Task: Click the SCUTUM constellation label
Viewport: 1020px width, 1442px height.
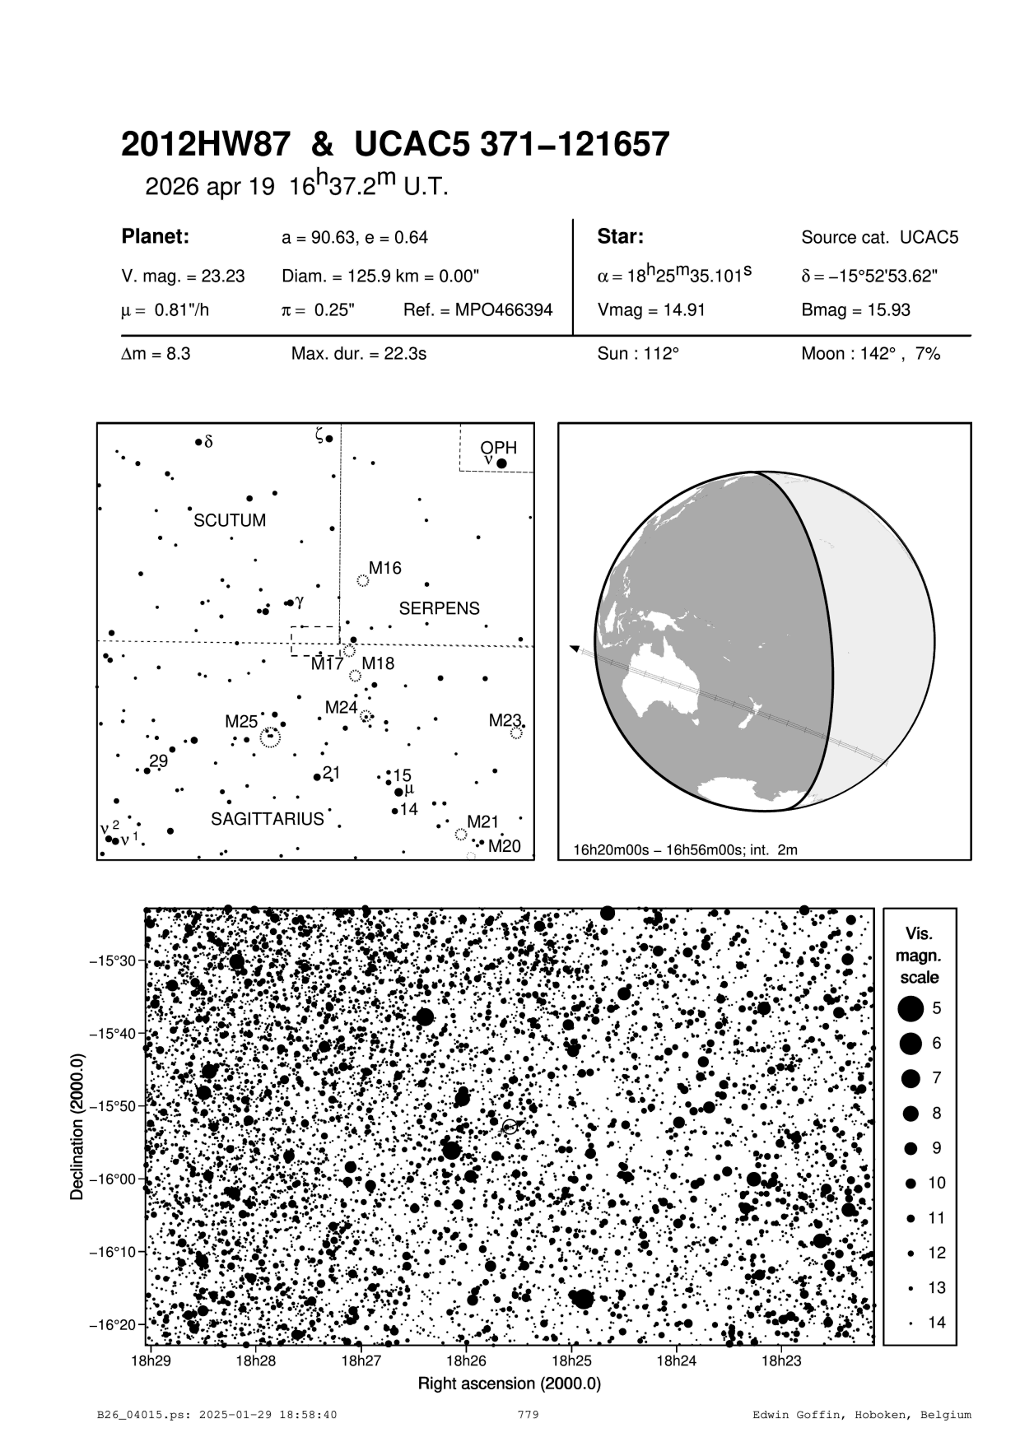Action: (230, 521)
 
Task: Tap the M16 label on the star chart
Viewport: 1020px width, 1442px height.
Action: (384, 568)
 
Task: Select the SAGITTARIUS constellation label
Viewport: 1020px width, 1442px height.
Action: (268, 819)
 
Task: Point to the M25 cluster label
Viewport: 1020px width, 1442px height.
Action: (241, 722)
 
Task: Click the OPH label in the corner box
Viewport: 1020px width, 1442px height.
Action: (499, 448)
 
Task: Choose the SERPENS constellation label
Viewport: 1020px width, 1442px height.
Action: (439, 609)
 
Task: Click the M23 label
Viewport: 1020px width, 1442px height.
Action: (505, 721)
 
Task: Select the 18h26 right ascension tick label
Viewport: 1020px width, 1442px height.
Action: (466, 1361)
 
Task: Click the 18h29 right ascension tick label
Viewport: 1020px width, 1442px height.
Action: (151, 1361)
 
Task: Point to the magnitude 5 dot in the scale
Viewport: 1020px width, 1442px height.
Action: (911, 1007)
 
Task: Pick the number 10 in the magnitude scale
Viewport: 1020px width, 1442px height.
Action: (937, 1183)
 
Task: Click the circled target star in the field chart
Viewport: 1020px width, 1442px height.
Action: (510, 1126)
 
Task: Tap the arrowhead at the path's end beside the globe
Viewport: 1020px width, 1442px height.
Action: (575, 649)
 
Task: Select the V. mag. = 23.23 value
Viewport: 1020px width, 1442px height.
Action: (183, 277)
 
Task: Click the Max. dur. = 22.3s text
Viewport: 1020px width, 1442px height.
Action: (358, 354)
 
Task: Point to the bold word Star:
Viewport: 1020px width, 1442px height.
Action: (620, 237)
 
